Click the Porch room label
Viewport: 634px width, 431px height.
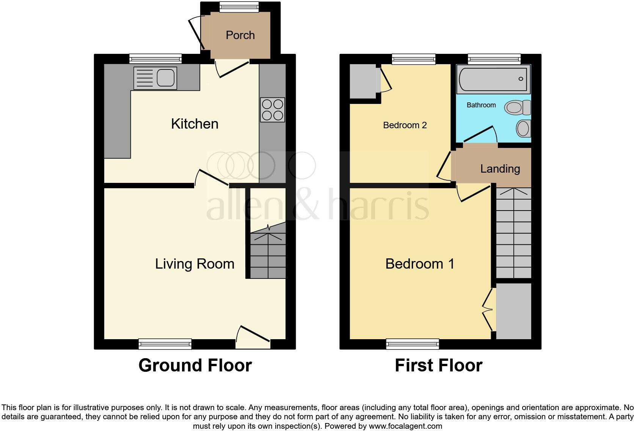click(240, 35)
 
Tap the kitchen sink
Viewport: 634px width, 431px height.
click(155, 78)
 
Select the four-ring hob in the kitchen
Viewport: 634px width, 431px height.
click(272, 110)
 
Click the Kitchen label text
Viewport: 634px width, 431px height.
click(195, 124)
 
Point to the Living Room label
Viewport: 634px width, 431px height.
click(195, 264)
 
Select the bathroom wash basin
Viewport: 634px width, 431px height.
click(524, 128)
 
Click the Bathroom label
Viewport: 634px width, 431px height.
click(481, 105)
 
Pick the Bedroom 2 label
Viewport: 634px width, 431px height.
click(405, 125)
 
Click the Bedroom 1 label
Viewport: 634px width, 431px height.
click(420, 264)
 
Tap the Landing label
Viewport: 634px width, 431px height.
click(500, 169)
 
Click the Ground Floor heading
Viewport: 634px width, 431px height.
click(195, 365)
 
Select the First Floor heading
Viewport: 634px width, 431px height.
click(438, 365)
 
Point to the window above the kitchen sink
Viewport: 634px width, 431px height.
click(155, 58)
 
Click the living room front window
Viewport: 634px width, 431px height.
click(165, 344)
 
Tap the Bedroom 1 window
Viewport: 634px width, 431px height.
click(413, 344)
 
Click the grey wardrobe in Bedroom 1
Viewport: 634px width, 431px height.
click(513, 311)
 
